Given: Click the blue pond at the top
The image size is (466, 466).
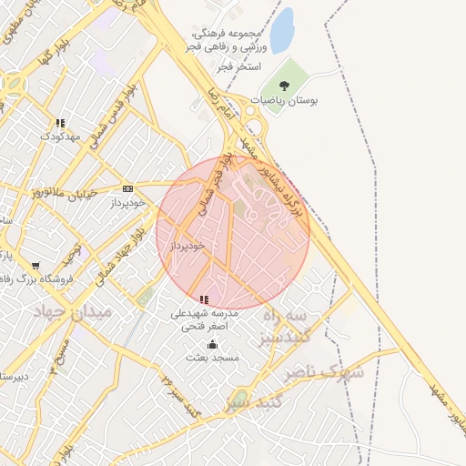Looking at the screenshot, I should (283, 31).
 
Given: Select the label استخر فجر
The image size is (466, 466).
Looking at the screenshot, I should (240, 67).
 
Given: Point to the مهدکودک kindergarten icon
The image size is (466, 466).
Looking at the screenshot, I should (60, 123).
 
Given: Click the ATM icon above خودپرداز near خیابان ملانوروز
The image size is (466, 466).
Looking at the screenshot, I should (127, 189).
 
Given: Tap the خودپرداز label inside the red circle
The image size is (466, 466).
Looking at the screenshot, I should (186, 246).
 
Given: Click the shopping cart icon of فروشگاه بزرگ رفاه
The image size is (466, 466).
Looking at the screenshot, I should (35, 266).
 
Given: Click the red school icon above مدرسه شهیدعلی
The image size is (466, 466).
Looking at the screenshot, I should (204, 299).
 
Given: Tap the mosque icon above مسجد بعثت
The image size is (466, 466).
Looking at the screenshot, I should (213, 344).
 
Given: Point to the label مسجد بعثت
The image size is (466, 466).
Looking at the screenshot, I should (212, 358).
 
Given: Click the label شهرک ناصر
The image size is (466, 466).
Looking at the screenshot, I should (323, 372).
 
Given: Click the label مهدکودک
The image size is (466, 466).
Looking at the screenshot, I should (60, 137).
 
